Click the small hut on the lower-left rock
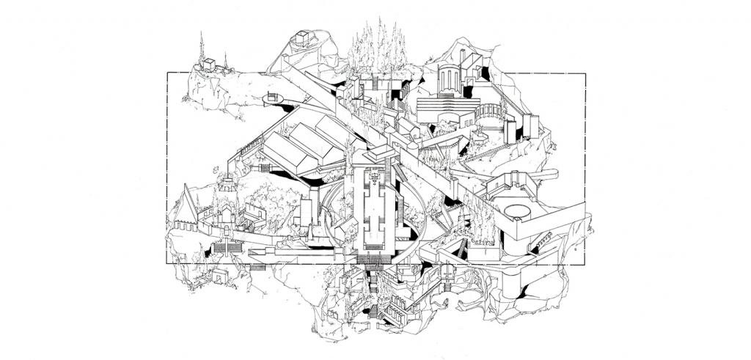pos(219,276)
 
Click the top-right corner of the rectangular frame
pos(585,73)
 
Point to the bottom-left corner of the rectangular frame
pos(167,262)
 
